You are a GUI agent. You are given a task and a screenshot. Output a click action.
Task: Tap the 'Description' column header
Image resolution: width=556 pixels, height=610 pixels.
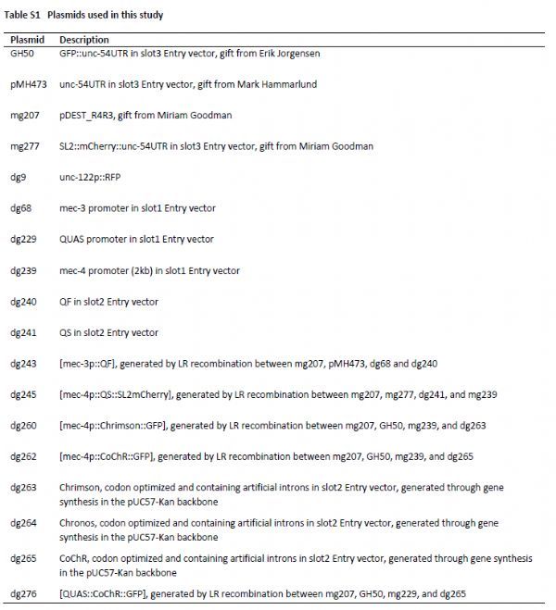click(83, 40)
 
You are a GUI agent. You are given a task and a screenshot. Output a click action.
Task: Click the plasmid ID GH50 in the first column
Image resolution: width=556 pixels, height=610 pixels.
click(20, 53)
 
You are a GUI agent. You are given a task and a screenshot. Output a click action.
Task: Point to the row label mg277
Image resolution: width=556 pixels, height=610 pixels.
click(23, 145)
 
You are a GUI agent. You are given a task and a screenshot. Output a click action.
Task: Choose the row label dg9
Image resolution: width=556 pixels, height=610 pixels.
click(17, 177)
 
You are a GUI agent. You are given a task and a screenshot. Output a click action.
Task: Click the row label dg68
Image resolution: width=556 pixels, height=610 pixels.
click(20, 208)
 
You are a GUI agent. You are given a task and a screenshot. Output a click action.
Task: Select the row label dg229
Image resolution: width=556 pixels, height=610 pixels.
click(23, 239)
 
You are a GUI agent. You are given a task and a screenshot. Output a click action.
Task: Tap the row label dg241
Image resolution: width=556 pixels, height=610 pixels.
click(23, 332)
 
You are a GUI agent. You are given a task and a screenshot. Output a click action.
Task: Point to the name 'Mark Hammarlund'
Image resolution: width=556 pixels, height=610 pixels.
click(266, 83)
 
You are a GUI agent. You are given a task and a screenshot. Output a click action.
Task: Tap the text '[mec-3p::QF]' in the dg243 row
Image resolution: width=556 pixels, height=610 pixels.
click(88, 364)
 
